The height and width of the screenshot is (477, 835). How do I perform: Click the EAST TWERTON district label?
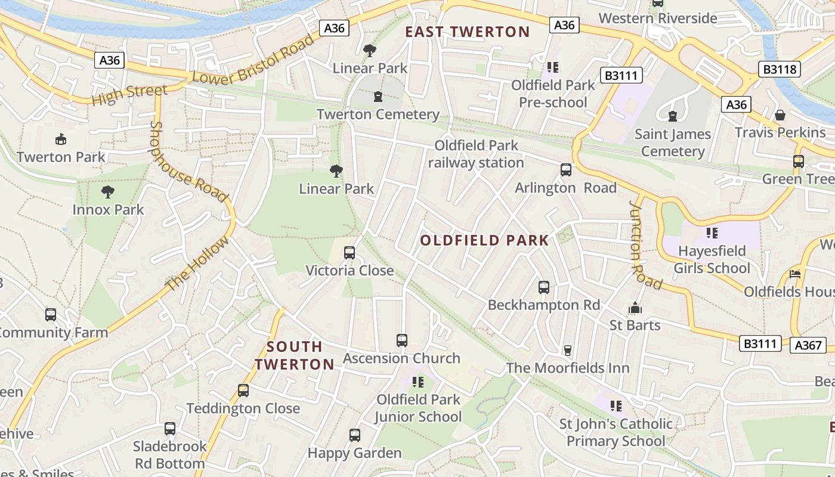pos(467,32)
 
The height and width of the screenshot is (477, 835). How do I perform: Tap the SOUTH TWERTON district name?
pos(295,355)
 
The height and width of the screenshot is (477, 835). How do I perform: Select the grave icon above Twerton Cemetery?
pos(378,97)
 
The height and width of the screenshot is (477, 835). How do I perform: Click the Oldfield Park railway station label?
pos(476,154)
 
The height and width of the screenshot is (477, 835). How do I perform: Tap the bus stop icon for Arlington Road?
pos(566,170)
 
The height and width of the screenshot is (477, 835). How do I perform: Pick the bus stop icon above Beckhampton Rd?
pos(543,287)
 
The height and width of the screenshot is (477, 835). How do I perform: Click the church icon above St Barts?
pos(635,308)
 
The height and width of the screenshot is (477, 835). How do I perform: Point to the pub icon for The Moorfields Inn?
pos(567,350)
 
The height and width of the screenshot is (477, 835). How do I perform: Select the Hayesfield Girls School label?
pos(712,259)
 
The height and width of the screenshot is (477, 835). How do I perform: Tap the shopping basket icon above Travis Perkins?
pos(780,115)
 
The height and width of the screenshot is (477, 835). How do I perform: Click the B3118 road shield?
pos(780,69)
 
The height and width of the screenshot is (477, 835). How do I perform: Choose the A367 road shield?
pos(809,345)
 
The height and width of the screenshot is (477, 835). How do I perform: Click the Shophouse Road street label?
pos(187,162)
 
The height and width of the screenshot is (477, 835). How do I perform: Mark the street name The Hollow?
pos(197,264)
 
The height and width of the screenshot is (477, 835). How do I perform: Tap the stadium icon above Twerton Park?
pos(60,140)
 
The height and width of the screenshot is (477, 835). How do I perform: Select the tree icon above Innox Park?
pos(108,192)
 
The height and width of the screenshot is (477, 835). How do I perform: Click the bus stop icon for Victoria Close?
pos(350,253)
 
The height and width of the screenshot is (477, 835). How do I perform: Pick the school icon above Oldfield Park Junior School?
pos(417,382)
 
